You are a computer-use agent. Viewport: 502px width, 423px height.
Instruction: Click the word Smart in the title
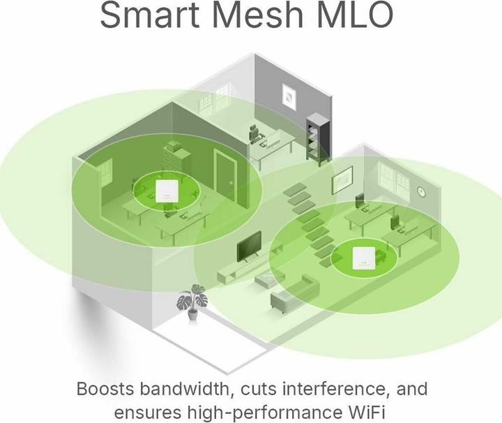click(x=149, y=15)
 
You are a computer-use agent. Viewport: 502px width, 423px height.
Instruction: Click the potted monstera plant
click(x=192, y=302)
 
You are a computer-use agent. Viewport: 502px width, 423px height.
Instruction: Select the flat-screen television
click(x=249, y=247)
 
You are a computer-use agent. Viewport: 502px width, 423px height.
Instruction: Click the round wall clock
click(x=421, y=192)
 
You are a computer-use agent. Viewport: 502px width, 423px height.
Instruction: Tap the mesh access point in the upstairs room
click(x=165, y=191)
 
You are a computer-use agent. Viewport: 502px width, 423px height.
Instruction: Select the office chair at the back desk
click(x=255, y=134)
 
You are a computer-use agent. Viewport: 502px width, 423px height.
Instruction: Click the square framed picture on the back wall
click(x=289, y=98)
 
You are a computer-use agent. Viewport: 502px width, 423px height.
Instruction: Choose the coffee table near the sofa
click(x=269, y=278)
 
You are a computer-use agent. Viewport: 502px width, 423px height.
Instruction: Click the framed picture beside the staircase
click(x=342, y=180)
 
